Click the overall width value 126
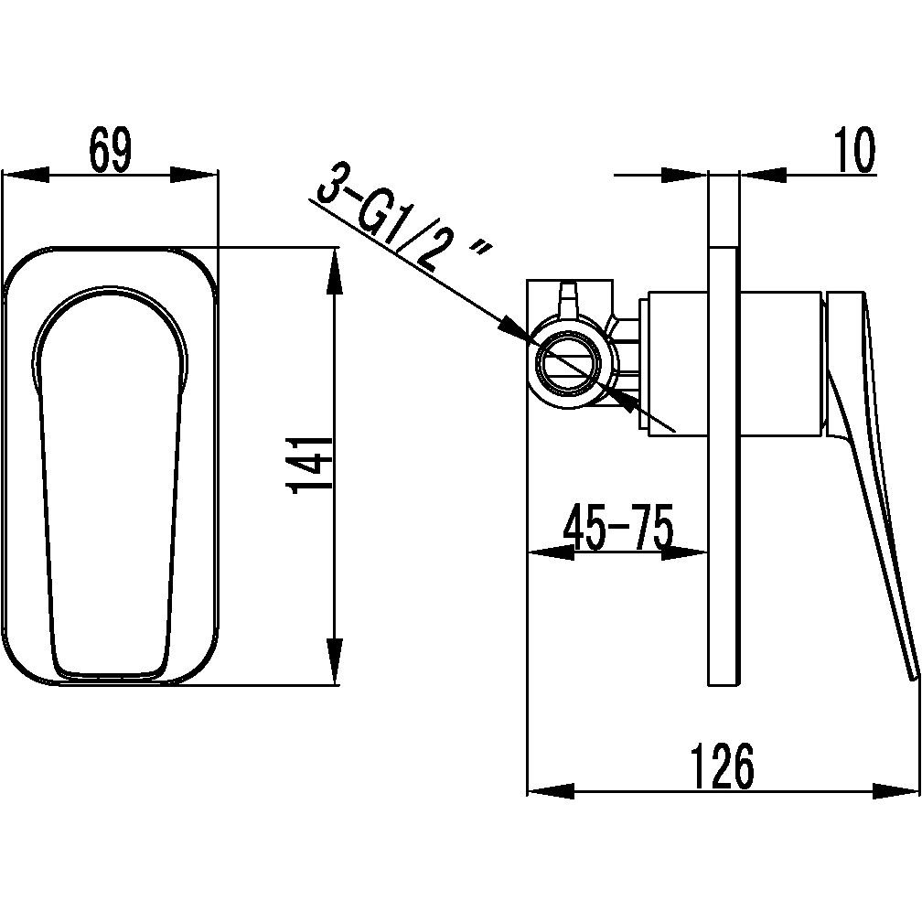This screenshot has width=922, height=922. pyautogui.click(x=724, y=767)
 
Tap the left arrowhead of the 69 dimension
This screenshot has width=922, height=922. pyautogui.click(x=26, y=175)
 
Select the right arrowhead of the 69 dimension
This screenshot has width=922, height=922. pyautogui.click(x=194, y=175)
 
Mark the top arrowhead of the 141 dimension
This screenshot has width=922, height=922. pyautogui.click(x=335, y=272)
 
